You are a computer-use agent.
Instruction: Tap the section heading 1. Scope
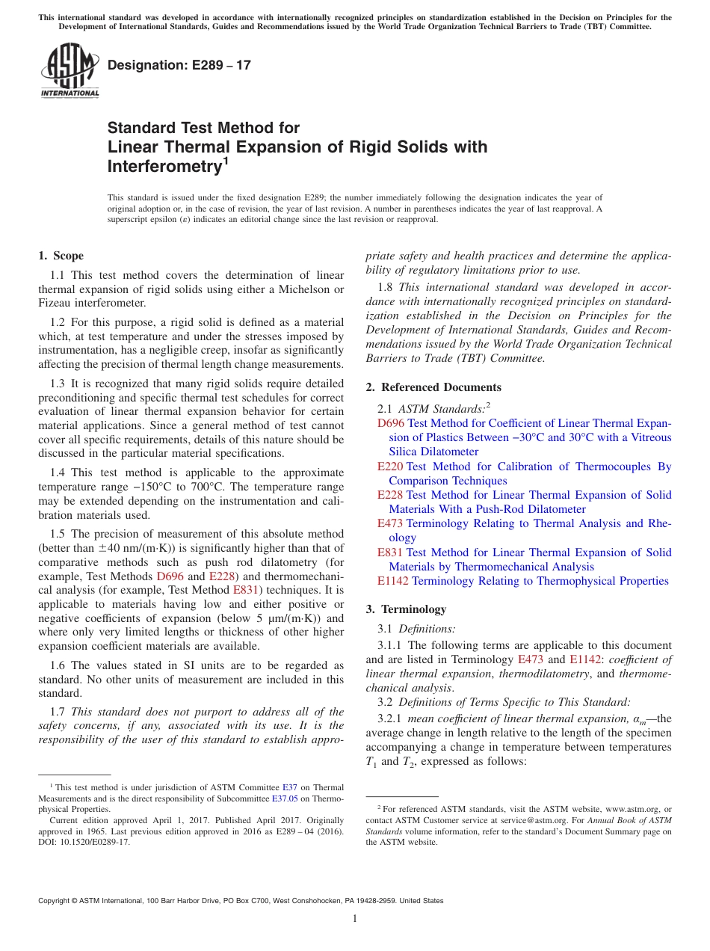pyautogui.click(x=61, y=256)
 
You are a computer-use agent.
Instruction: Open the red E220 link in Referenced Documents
pyautogui.click(x=391, y=467)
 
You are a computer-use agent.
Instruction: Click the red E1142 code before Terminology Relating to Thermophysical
pyautogui.click(x=393, y=581)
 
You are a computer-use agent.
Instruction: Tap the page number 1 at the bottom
pyautogui.click(x=355, y=918)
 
